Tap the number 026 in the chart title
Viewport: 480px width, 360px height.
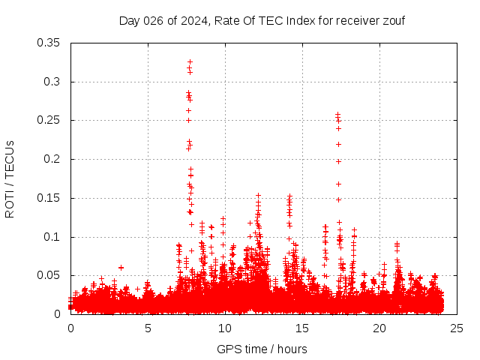(152, 20)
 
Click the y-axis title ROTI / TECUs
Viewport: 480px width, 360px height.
(10, 178)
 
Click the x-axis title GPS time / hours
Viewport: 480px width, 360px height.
(262, 349)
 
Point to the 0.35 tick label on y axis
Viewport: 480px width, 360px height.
(50, 43)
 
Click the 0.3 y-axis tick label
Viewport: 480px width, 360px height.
(54, 82)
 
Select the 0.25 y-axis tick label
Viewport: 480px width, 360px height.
(50, 121)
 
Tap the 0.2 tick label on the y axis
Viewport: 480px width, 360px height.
(54, 159)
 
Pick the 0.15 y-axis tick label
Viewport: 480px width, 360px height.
(50, 198)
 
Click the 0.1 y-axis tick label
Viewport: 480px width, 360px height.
(54, 237)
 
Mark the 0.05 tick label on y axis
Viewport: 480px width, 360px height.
(50, 275)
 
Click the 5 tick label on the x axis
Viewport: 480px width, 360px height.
(148, 328)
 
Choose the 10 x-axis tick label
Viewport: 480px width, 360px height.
(225, 328)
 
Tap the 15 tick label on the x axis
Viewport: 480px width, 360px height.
(302, 328)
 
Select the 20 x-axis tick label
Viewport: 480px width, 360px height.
(379, 328)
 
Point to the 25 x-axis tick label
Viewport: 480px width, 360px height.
(457, 328)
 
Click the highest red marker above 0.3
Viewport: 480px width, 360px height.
(190, 61)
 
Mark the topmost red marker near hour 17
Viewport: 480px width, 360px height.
(338, 114)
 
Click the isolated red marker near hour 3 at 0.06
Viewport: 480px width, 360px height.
(121, 267)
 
